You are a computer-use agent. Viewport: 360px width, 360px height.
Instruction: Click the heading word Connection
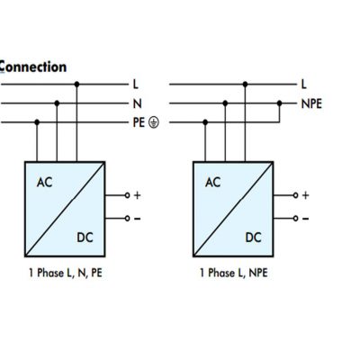(x=32, y=67)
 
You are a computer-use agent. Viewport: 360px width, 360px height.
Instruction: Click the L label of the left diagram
(x=136, y=85)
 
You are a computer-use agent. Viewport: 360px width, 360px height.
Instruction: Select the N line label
(x=137, y=103)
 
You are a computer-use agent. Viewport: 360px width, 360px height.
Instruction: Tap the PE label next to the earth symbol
(x=139, y=122)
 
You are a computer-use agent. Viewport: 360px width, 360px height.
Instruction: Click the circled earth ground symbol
(x=154, y=122)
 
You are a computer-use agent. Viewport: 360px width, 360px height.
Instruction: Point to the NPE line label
(x=311, y=103)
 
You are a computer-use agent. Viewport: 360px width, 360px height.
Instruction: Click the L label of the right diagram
(x=304, y=85)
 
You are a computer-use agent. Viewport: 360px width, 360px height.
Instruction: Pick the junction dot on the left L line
(x=76, y=85)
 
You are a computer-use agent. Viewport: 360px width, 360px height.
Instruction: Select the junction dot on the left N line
(x=57, y=103)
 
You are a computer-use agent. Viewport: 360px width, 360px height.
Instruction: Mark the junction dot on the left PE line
(x=37, y=122)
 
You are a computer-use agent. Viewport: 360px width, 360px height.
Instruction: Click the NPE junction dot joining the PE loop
(x=280, y=103)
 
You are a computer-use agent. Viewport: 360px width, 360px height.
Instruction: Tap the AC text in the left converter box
(x=44, y=183)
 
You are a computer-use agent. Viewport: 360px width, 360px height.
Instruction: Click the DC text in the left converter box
(x=85, y=238)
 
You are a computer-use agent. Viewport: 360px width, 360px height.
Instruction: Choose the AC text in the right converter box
(x=213, y=183)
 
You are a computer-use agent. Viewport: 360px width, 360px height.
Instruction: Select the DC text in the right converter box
(x=254, y=238)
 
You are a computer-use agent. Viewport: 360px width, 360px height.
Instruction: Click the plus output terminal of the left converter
(x=127, y=195)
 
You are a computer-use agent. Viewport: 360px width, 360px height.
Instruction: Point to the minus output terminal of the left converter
(x=127, y=219)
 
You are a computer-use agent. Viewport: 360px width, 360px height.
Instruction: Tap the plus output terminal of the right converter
(x=295, y=195)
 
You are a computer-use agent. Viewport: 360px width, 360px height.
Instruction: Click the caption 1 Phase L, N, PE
(x=66, y=273)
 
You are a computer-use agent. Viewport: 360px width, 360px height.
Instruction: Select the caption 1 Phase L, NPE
(x=234, y=273)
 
